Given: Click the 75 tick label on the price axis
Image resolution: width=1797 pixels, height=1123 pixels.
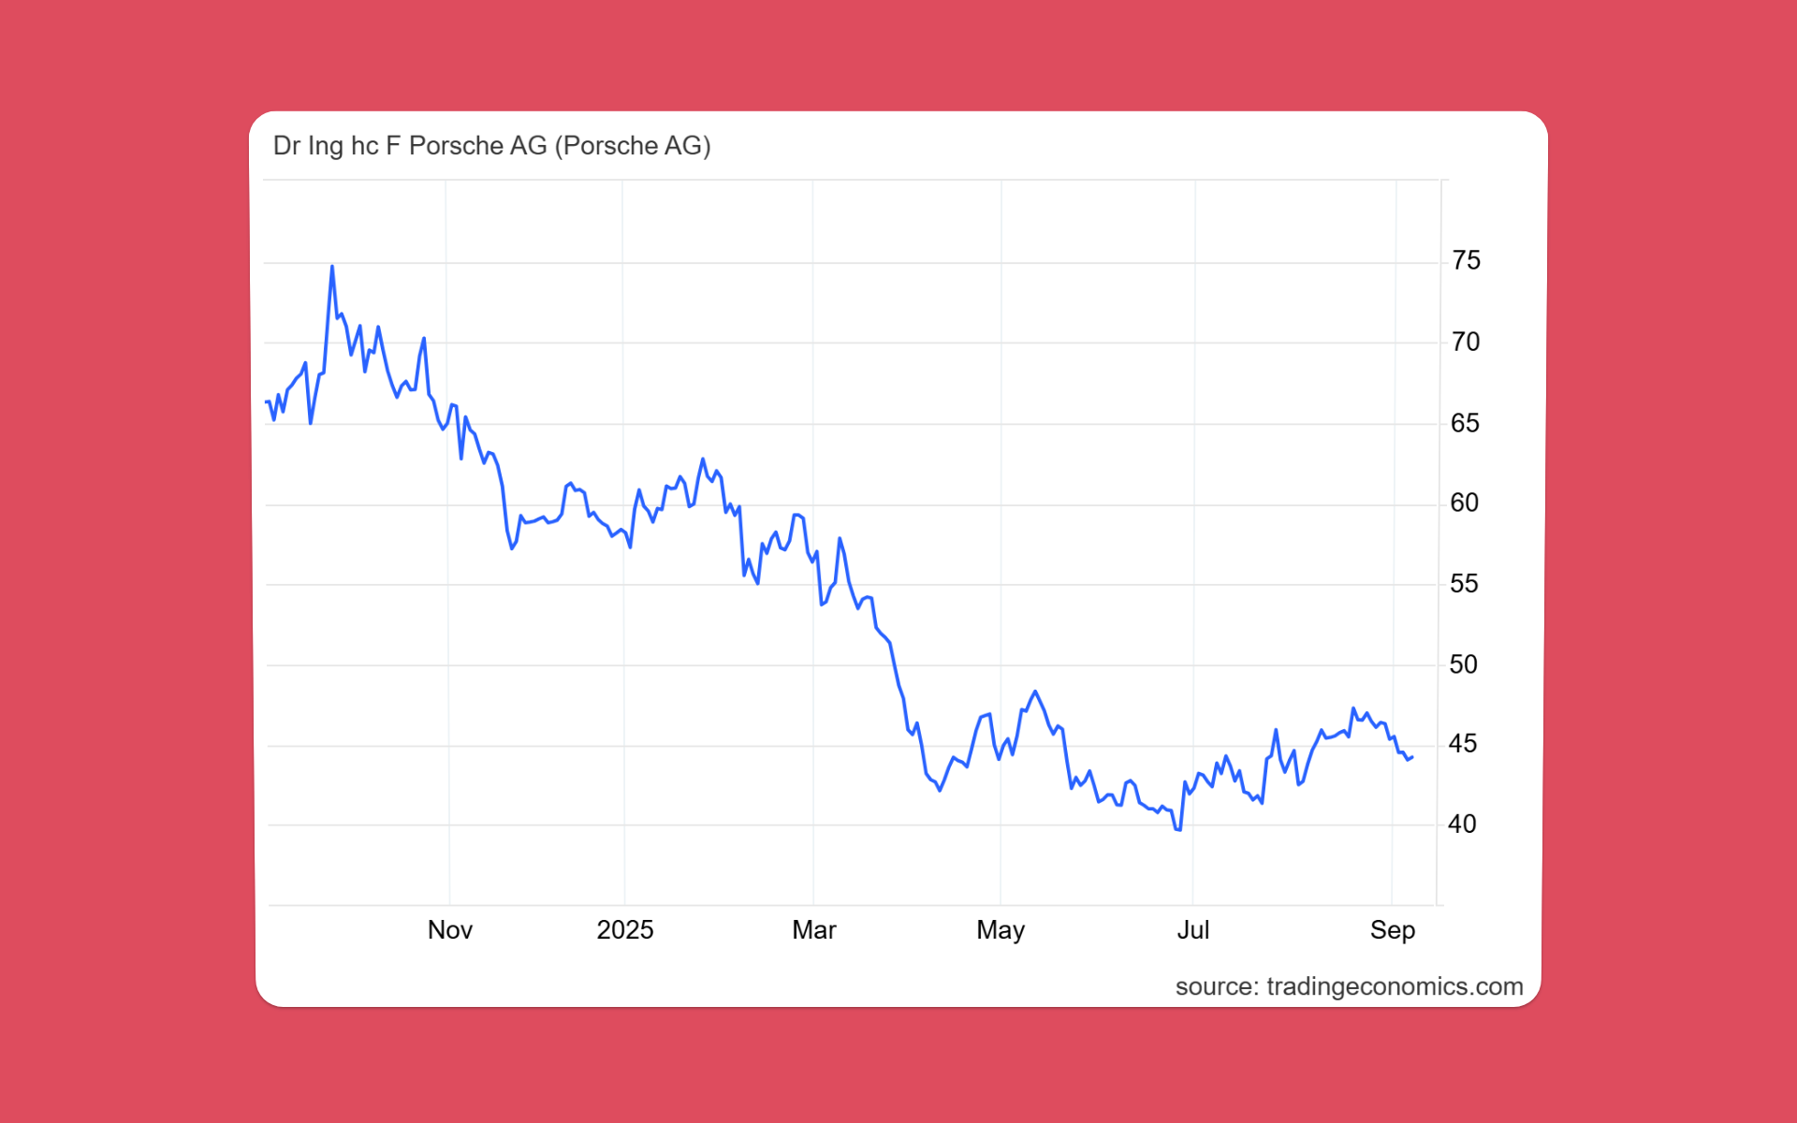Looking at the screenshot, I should point(1466,260).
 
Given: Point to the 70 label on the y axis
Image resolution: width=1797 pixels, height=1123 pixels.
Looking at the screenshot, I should point(1466,342).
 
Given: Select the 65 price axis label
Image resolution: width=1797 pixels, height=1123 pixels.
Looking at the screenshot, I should point(1465,423).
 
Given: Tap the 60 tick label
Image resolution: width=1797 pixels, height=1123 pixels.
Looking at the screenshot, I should point(1464,503).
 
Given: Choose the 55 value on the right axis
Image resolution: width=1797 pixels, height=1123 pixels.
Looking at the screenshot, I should point(1464,584).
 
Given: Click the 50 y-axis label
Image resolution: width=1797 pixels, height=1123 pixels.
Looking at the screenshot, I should point(1463,664).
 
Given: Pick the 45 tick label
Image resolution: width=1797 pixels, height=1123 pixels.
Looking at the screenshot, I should point(1462,744).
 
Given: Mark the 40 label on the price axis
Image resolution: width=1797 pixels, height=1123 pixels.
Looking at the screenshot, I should point(1461,824).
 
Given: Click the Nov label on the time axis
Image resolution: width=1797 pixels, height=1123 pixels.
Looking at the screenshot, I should point(450,929).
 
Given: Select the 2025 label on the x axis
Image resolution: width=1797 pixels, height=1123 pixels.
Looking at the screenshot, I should point(625,929).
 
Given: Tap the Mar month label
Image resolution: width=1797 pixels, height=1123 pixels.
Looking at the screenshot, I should point(814,929).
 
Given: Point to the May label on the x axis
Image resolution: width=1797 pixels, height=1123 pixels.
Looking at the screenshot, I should point(1001,929).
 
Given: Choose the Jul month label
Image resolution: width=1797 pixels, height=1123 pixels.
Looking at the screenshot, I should point(1193,929).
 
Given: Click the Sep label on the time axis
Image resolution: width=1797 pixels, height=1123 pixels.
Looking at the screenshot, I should point(1393,929).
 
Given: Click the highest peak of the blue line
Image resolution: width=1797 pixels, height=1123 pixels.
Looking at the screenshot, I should point(332,267).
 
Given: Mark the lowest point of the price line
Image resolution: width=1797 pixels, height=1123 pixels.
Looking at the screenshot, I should point(1178,829).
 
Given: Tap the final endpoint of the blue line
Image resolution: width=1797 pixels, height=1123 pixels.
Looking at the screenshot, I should point(1412,757).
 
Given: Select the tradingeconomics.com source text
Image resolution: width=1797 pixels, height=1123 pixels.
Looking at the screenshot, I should point(1395,986).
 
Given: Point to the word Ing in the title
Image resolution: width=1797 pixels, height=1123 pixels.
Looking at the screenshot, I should point(326,146).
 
